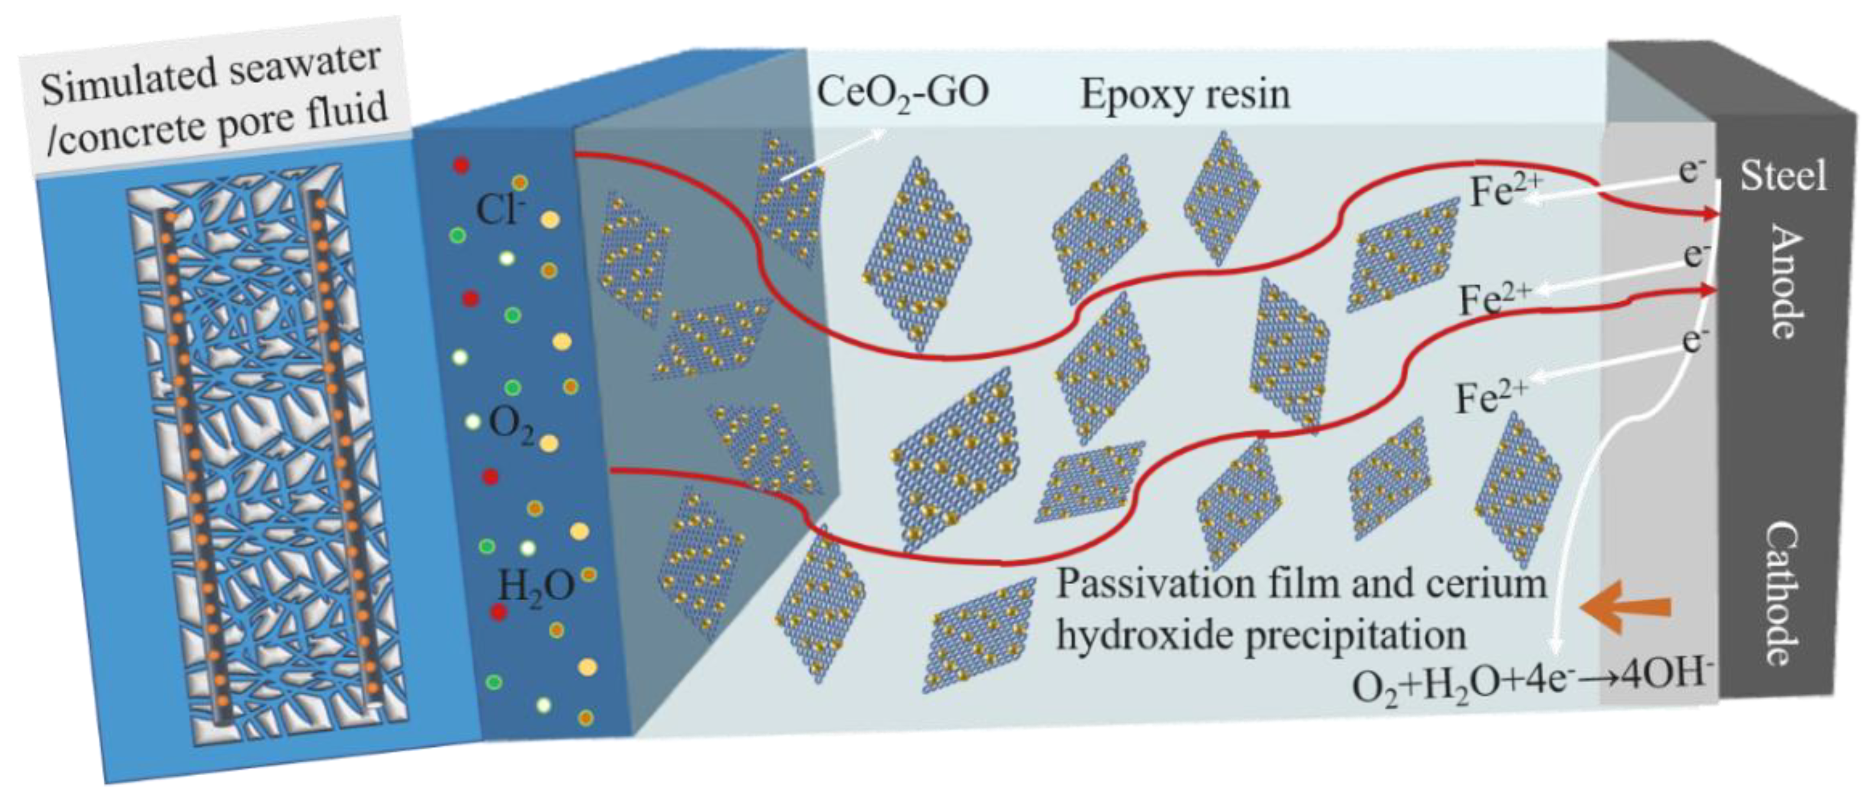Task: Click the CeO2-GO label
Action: pos(902,94)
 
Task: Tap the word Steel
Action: pos(1782,176)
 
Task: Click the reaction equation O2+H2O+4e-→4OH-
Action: pos(1532,683)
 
